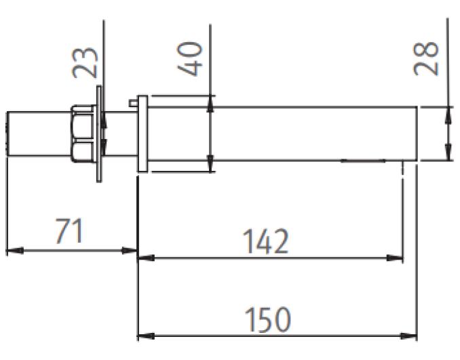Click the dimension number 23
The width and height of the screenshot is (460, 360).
click(85, 62)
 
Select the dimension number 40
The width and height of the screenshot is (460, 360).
click(190, 58)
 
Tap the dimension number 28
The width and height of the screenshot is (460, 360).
click(426, 58)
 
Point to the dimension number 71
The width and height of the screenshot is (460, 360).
click(69, 231)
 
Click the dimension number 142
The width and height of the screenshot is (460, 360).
click(267, 241)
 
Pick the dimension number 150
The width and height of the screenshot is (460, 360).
click(267, 319)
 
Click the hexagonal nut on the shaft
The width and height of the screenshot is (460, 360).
click(83, 134)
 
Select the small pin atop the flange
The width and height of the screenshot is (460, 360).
click(134, 103)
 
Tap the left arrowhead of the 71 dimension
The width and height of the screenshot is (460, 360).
click(15, 251)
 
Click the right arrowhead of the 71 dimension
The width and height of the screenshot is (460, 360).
click(129, 251)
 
